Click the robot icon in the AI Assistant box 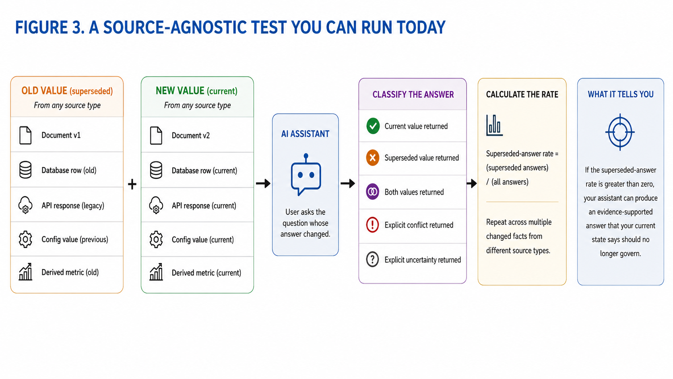pos(306,174)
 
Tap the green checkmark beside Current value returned pos(373,126)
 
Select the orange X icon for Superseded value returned pos(373,158)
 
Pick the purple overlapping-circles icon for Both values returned pos(373,192)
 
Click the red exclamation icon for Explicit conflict pos(373,225)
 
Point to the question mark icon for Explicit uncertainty pos(373,259)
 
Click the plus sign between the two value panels pos(132,184)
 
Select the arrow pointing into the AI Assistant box pos(263,183)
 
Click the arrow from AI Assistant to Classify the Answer pos(348,183)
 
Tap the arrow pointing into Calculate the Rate pos(472,183)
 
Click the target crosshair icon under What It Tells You pos(620,132)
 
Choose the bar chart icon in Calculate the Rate pos(494,125)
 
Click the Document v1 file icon pos(25,135)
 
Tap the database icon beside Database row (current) pos(156,170)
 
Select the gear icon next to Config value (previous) pos(25,239)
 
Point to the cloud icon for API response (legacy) pos(25,205)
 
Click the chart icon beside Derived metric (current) pos(156,272)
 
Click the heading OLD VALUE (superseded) pos(67,91)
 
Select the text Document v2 pos(191,136)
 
